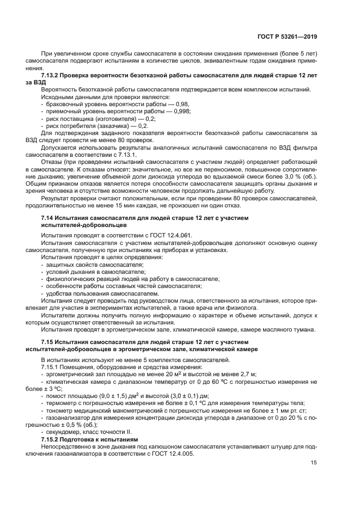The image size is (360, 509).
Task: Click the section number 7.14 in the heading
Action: tap(48, 218)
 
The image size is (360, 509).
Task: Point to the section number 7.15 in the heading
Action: tap(48, 341)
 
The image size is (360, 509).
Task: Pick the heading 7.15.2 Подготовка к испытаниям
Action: tap(90, 439)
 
